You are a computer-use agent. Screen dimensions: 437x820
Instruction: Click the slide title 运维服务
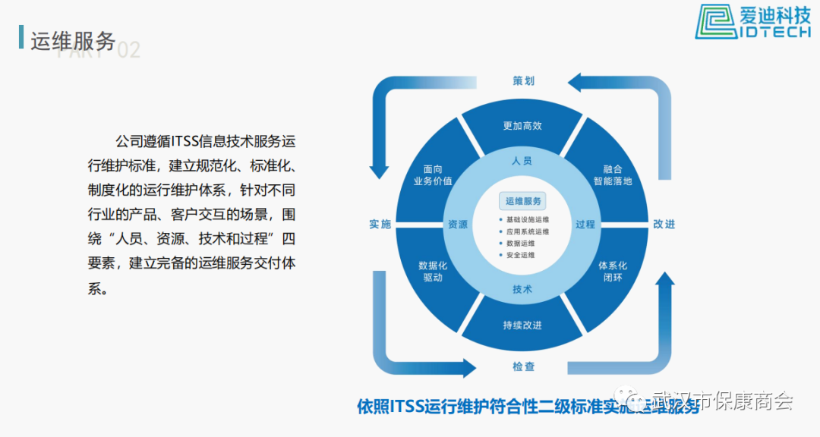point(73,41)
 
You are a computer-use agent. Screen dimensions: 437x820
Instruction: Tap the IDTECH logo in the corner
point(755,21)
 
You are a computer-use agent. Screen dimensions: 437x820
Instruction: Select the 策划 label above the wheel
point(524,80)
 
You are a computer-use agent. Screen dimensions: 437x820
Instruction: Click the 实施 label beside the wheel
point(380,224)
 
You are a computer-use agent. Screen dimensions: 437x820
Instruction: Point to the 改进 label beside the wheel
point(664,224)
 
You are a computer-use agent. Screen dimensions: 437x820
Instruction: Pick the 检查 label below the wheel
point(524,366)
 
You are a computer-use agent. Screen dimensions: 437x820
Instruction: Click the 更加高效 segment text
point(522,125)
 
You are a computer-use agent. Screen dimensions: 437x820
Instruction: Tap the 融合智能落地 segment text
point(613,175)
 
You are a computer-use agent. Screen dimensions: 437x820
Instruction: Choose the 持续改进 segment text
point(522,325)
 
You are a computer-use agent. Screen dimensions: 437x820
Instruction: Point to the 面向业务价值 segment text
point(433,175)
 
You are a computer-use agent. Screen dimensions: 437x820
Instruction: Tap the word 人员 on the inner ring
point(522,161)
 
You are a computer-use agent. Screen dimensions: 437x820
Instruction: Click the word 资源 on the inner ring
point(458,225)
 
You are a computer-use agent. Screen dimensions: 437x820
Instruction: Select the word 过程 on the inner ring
point(585,225)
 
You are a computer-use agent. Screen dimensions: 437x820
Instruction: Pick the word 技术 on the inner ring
point(522,289)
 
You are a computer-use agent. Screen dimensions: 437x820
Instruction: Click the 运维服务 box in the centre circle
point(524,201)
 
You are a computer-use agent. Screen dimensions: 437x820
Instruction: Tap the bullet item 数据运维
point(521,244)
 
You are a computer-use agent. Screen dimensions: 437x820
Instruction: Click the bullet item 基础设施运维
point(528,219)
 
